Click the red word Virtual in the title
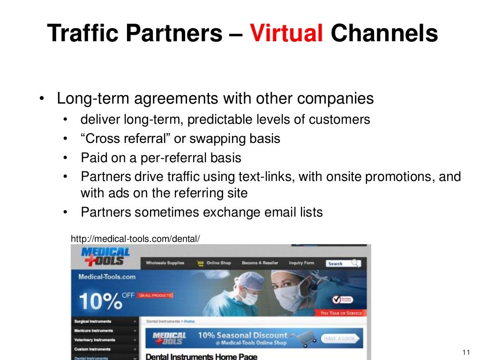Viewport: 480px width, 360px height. (286, 33)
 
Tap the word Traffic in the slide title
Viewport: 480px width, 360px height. (80, 33)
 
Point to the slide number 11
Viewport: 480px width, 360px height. (465, 352)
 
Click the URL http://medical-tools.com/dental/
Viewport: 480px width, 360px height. (135, 239)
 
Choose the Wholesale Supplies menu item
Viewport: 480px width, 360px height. (165, 263)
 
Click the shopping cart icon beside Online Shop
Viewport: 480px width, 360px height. (201, 263)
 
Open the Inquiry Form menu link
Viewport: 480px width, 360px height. (301, 263)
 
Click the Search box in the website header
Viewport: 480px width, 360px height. (343, 263)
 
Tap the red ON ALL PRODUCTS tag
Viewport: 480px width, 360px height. (155, 295)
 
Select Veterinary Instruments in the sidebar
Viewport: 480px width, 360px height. (94, 340)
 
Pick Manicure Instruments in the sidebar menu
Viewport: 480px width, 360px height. (93, 330)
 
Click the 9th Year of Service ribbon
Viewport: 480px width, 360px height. (341, 313)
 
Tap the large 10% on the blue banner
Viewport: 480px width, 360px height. (99, 301)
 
